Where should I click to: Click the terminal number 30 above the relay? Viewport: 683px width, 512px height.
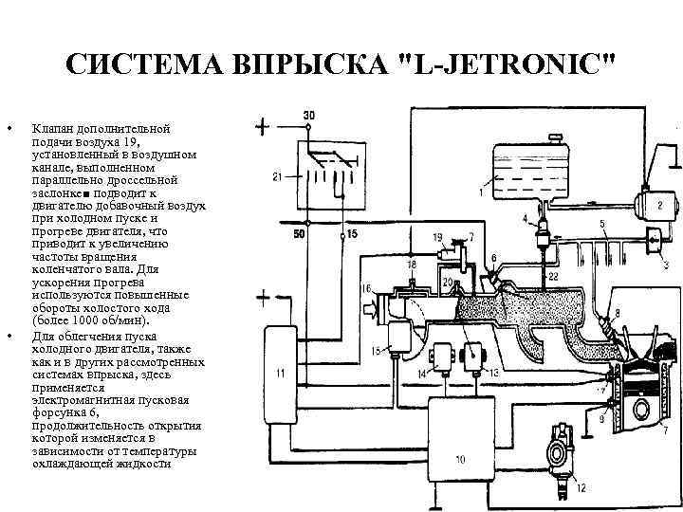click(309, 116)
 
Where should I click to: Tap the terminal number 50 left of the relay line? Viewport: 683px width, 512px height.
click(299, 233)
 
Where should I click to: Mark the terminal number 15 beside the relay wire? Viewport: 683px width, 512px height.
click(353, 233)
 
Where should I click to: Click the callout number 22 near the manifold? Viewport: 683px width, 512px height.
click(553, 275)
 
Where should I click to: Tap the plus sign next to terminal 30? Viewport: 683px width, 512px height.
click(262, 124)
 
